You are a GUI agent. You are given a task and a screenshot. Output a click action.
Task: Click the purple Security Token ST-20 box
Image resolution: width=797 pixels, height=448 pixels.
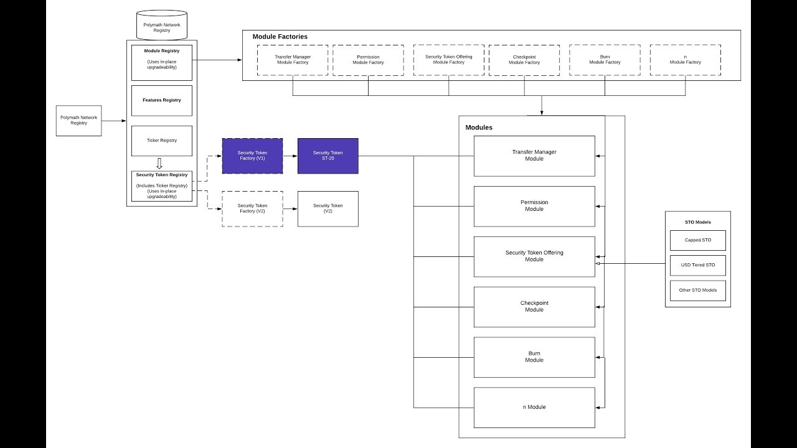coord(328,156)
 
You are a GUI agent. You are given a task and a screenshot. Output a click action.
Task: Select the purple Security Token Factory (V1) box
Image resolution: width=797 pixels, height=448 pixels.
coord(252,156)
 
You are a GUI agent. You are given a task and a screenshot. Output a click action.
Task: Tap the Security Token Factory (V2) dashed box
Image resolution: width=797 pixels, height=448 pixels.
coord(252,208)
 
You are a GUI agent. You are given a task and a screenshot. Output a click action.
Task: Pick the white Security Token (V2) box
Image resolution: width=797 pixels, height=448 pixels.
coord(328,208)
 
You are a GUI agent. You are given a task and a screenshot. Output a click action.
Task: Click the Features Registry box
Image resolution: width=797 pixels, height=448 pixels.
coord(162,100)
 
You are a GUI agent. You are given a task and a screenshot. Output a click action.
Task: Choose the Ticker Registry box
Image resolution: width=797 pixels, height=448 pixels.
coord(162,141)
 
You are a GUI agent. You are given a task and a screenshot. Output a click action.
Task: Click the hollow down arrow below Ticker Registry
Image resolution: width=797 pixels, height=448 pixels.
coord(159,164)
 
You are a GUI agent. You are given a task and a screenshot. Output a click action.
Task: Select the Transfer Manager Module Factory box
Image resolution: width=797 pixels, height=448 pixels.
coord(293,60)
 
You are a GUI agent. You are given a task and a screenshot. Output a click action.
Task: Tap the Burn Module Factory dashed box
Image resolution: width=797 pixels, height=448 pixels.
coord(605,60)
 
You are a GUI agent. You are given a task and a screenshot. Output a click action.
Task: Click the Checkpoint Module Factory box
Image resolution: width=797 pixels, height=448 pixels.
coord(524,60)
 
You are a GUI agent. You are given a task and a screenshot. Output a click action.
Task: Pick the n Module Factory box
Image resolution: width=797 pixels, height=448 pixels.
coord(685,60)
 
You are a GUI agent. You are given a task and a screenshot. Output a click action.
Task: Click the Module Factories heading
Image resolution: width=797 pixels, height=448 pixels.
coord(280,37)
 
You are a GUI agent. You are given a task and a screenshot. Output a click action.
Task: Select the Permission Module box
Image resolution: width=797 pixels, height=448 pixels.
coord(534,206)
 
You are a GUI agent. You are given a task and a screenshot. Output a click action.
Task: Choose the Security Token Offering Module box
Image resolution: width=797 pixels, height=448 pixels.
coord(534,256)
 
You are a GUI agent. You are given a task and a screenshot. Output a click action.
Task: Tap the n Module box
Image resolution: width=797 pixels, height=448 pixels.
coord(534,408)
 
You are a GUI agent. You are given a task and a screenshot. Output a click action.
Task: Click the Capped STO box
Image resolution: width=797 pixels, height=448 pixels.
coord(697,240)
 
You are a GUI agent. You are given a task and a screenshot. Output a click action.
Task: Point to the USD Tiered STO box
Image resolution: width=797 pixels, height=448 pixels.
coord(697,265)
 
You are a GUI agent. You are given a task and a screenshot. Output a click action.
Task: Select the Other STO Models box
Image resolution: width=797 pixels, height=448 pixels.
coord(697,291)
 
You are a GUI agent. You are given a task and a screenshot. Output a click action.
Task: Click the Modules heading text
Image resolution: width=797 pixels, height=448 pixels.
coord(479,128)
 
